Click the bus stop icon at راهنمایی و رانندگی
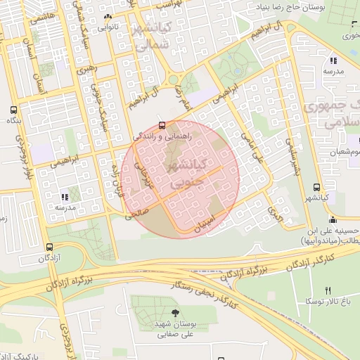(162, 126)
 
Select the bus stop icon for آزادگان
(49, 247)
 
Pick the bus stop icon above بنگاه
(13, 110)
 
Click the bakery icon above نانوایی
(107, 18)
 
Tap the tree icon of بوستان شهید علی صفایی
(175, 313)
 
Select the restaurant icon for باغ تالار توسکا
(328, 290)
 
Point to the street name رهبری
(85, 70)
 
